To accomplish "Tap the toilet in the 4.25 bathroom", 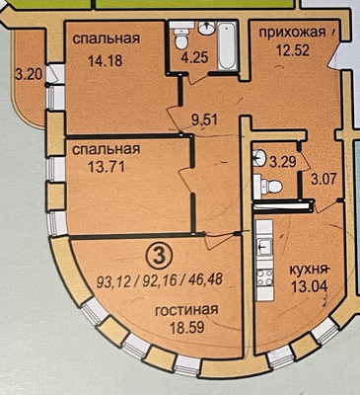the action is coord(181,40).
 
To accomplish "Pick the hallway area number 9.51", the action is coord(204,121).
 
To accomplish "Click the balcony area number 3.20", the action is coord(29,72).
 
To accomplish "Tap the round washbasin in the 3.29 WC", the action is coord(256,156).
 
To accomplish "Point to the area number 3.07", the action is coord(324,180).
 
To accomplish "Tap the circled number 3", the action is coord(155,254).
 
